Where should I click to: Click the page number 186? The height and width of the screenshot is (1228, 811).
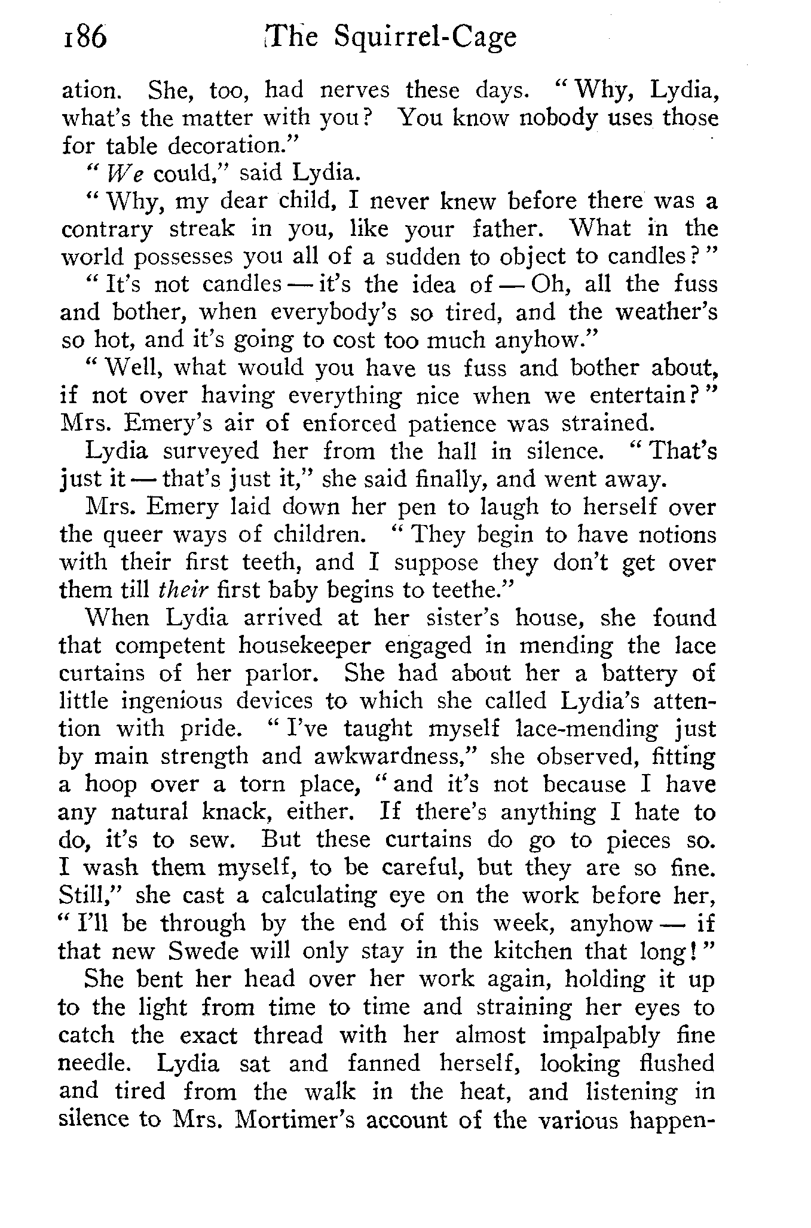tap(83, 38)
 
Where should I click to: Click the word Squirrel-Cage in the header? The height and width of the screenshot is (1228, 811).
tap(425, 38)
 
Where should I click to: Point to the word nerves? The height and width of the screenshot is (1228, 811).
tap(354, 90)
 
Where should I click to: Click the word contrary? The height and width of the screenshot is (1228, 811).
tap(107, 229)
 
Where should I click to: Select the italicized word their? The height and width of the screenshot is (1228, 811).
tap(183, 590)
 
